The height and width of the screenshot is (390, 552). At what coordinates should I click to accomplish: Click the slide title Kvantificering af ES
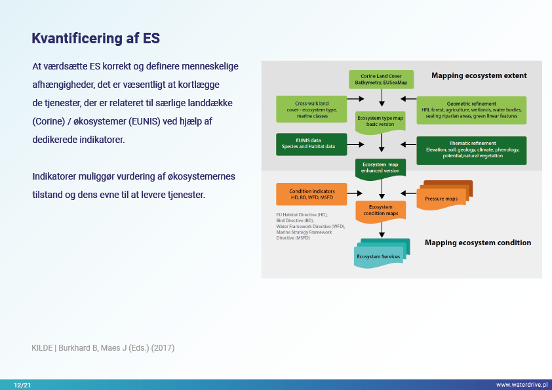(x=96, y=39)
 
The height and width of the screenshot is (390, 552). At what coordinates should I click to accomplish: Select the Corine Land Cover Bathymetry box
(x=381, y=80)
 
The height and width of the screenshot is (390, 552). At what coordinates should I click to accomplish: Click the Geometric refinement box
(x=471, y=109)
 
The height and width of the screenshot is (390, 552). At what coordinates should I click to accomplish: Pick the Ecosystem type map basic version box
(x=381, y=121)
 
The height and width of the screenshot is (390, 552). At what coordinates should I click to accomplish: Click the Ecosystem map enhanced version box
(x=381, y=167)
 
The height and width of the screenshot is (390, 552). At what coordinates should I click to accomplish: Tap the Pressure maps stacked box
(x=444, y=196)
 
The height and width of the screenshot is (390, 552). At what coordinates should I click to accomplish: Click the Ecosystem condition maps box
(x=381, y=210)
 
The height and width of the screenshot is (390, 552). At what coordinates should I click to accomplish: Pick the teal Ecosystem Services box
(x=382, y=254)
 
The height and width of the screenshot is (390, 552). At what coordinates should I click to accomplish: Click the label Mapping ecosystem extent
(x=479, y=75)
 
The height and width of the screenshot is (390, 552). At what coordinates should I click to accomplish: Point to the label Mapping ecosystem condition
(x=478, y=243)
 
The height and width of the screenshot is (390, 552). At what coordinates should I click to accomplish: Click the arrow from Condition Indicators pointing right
(x=354, y=193)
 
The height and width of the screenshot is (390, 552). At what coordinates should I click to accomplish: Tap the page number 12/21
(x=22, y=385)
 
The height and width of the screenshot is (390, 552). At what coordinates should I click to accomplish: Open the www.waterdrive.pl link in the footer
(x=521, y=385)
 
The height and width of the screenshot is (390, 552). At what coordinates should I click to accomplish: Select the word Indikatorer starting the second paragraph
(x=55, y=177)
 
